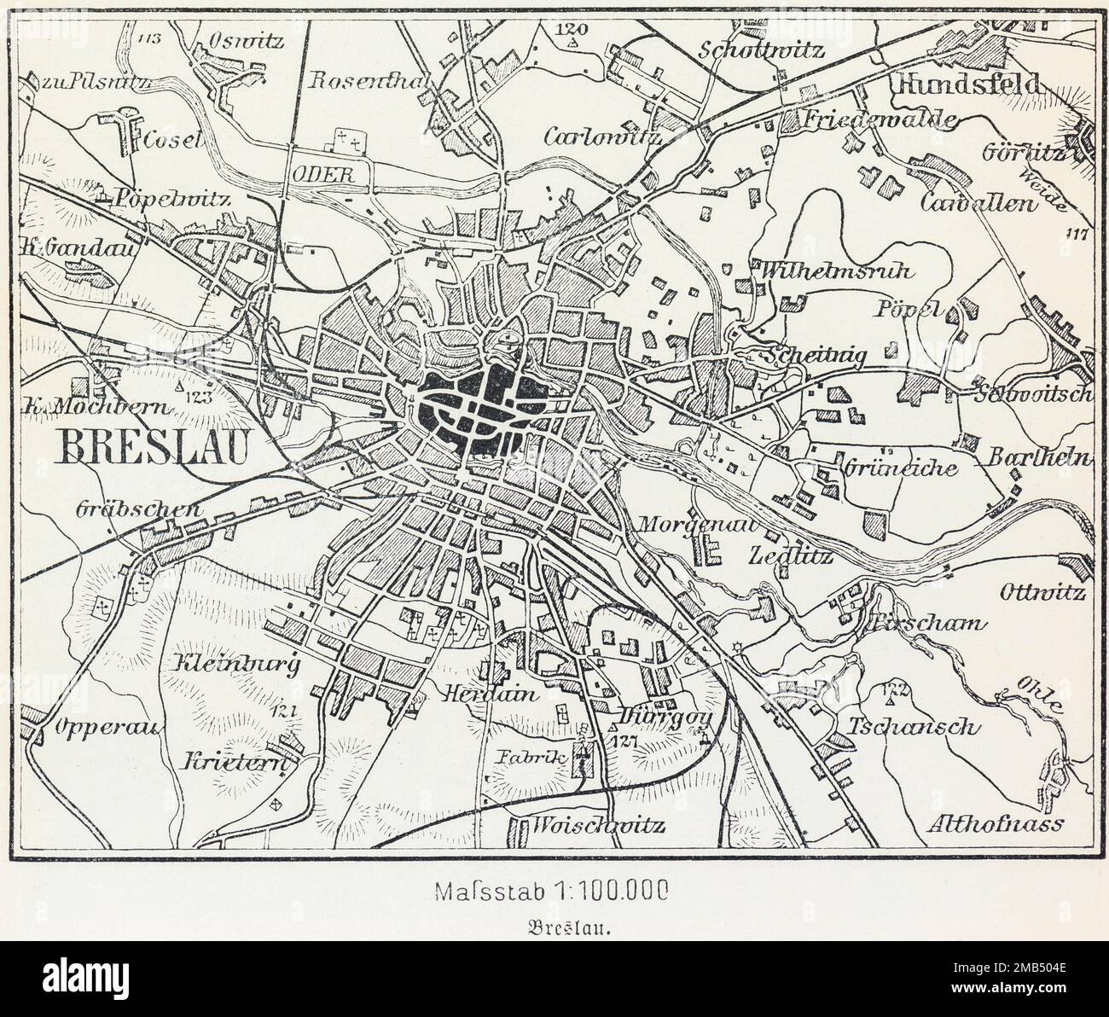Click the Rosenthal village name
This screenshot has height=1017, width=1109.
click(371, 79)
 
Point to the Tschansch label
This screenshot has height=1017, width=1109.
click(911, 727)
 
